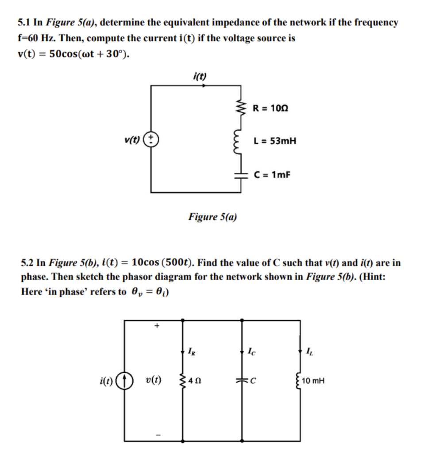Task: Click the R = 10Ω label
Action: click(270, 108)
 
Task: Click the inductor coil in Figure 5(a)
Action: click(241, 142)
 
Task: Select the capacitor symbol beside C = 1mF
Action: click(241, 175)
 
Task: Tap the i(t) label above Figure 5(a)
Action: click(200, 76)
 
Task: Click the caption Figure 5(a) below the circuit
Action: click(212, 217)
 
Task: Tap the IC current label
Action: click(251, 352)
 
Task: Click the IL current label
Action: click(309, 352)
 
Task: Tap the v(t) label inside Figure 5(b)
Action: click(153, 380)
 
